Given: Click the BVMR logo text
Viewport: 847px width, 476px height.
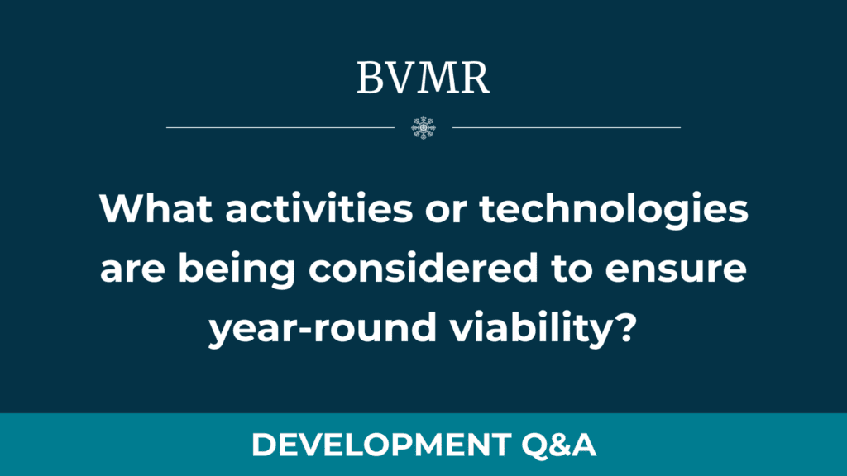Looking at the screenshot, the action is [423, 79].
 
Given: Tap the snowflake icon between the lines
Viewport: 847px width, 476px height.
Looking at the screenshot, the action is [423, 127].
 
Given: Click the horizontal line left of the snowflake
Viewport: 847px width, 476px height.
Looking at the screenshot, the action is [280, 127].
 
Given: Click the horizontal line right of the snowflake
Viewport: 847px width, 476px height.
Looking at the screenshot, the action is [566, 127].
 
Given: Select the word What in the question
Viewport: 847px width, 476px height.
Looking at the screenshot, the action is [156, 208].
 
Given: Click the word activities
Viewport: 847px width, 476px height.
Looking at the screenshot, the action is [319, 208].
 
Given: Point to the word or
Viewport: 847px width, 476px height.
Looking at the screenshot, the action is [446, 212].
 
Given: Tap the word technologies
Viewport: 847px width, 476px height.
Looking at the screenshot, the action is [614, 212].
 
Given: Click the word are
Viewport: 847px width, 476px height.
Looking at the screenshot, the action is [132, 271].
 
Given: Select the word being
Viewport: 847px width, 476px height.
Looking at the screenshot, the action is [237, 271].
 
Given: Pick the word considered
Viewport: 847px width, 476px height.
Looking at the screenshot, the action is [423, 268].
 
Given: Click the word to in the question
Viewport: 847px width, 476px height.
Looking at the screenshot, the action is [572, 269].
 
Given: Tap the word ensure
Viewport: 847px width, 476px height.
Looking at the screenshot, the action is [676, 271].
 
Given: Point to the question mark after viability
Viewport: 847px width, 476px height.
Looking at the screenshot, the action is [626, 327].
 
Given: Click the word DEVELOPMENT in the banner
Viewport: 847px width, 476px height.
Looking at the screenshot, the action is [381, 445].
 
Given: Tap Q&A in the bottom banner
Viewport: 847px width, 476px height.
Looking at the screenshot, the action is [558, 445].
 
